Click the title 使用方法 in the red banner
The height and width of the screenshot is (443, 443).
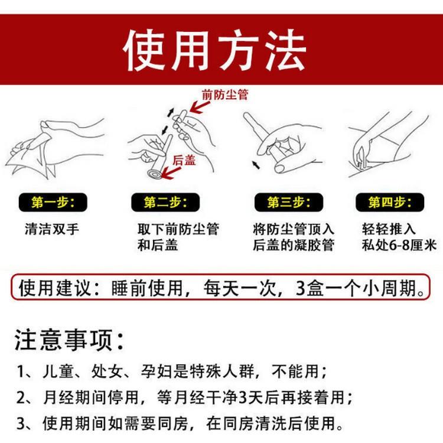214,50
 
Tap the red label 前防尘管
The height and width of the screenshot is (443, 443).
225,95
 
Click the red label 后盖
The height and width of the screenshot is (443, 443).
184,160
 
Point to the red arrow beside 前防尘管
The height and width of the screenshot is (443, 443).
200,108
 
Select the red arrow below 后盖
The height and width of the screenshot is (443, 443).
171,173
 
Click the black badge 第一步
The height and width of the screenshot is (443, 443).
53,202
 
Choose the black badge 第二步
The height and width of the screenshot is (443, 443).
165,202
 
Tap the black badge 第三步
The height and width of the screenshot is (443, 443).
288,202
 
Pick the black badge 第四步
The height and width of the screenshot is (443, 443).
390,202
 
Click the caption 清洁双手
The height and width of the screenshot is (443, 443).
52,229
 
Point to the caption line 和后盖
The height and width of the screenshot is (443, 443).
158,245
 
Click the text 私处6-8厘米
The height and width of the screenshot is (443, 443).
399,245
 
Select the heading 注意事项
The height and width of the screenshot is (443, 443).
69,340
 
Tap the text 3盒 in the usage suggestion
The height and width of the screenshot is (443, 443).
310,288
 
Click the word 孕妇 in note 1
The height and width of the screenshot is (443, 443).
157,372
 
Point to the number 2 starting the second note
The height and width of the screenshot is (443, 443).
21,398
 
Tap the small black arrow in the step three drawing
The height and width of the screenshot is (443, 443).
256,165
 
